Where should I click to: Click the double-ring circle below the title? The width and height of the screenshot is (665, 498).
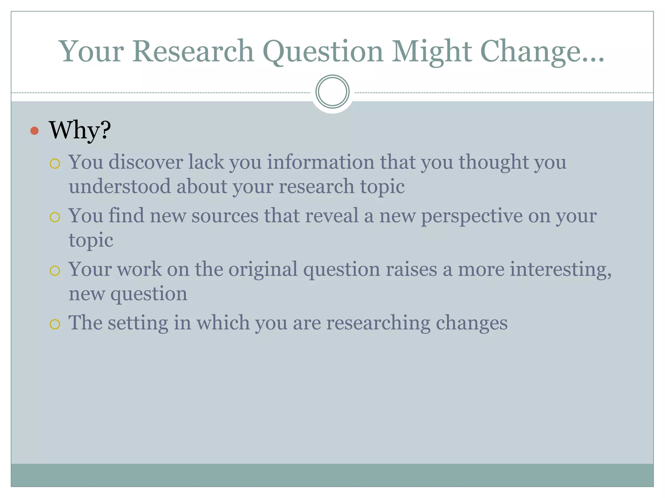(x=332, y=91)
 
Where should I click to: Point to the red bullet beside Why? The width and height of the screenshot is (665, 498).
(x=34, y=131)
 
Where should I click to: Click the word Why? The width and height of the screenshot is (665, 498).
(x=80, y=130)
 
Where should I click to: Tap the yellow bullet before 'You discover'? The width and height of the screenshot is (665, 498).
(x=55, y=163)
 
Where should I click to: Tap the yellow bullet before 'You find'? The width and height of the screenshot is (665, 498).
(x=55, y=217)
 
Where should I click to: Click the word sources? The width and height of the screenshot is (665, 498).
(x=225, y=215)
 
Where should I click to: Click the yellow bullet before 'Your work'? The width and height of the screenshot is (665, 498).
(x=55, y=271)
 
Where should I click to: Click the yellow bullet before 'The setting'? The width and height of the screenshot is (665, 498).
(x=55, y=324)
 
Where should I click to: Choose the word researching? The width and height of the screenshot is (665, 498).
(x=378, y=323)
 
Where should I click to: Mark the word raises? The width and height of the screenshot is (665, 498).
(x=411, y=269)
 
